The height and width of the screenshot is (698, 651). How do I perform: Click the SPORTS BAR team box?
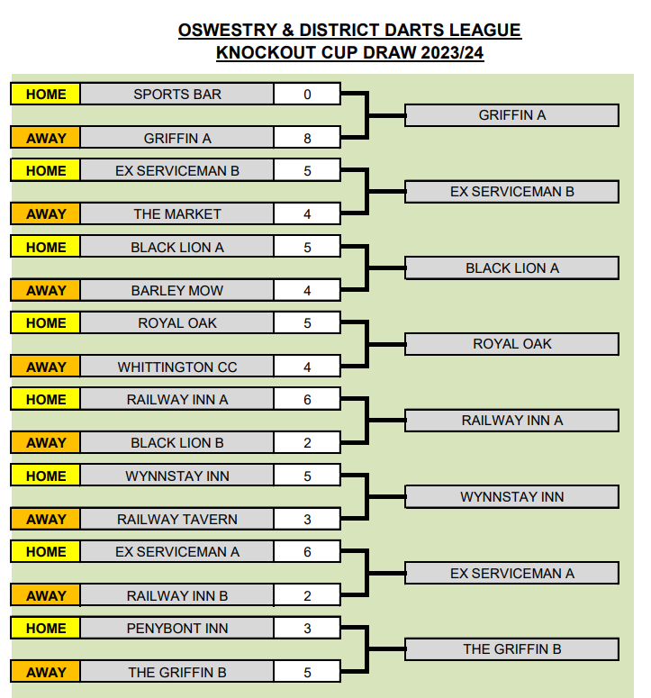(x=177, y=94)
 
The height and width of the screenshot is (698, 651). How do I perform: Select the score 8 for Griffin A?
(x=307, y=138)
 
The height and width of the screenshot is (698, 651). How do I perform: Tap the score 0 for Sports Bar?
(x=307, y=94)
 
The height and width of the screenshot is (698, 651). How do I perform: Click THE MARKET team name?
(x=177, y=214)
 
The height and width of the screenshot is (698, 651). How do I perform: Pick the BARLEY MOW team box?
(x=177, y=290)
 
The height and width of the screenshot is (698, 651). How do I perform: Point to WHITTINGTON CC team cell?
(x=177, y=367)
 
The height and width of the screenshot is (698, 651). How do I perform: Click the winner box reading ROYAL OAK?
(x=511, y=344)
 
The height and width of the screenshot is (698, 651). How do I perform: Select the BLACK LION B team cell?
(x=177, y=443)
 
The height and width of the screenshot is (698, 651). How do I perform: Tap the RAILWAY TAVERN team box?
(x=177, y=519)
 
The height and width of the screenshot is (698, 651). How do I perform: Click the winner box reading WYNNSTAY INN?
(x=511, y=496)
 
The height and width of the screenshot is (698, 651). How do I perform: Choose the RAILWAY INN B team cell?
(x=177, y=595)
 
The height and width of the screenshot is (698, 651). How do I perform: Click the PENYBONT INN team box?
(x=177, y=628)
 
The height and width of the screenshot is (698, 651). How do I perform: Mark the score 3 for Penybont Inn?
(x=307, y=628)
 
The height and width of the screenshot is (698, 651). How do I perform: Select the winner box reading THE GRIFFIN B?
(x=511, y=649)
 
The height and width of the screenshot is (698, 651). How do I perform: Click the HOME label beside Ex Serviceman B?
(x=46, y=170)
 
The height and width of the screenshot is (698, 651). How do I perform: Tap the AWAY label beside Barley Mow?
(x=46, y=290)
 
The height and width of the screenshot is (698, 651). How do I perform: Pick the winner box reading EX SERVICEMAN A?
(x=511, y=573)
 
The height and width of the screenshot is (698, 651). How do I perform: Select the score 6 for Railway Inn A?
(x=307, y=399)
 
